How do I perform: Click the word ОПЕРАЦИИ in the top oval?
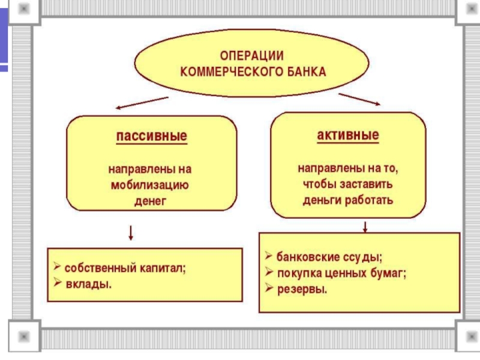[251, 56]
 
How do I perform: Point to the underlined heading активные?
[348, 134]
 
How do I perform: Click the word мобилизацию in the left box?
[150, 185]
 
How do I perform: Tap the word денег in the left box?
[150, 200]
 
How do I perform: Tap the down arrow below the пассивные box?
[131, 232]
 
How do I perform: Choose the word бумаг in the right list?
[389, 273]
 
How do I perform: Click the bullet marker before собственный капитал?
[56, 267]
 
